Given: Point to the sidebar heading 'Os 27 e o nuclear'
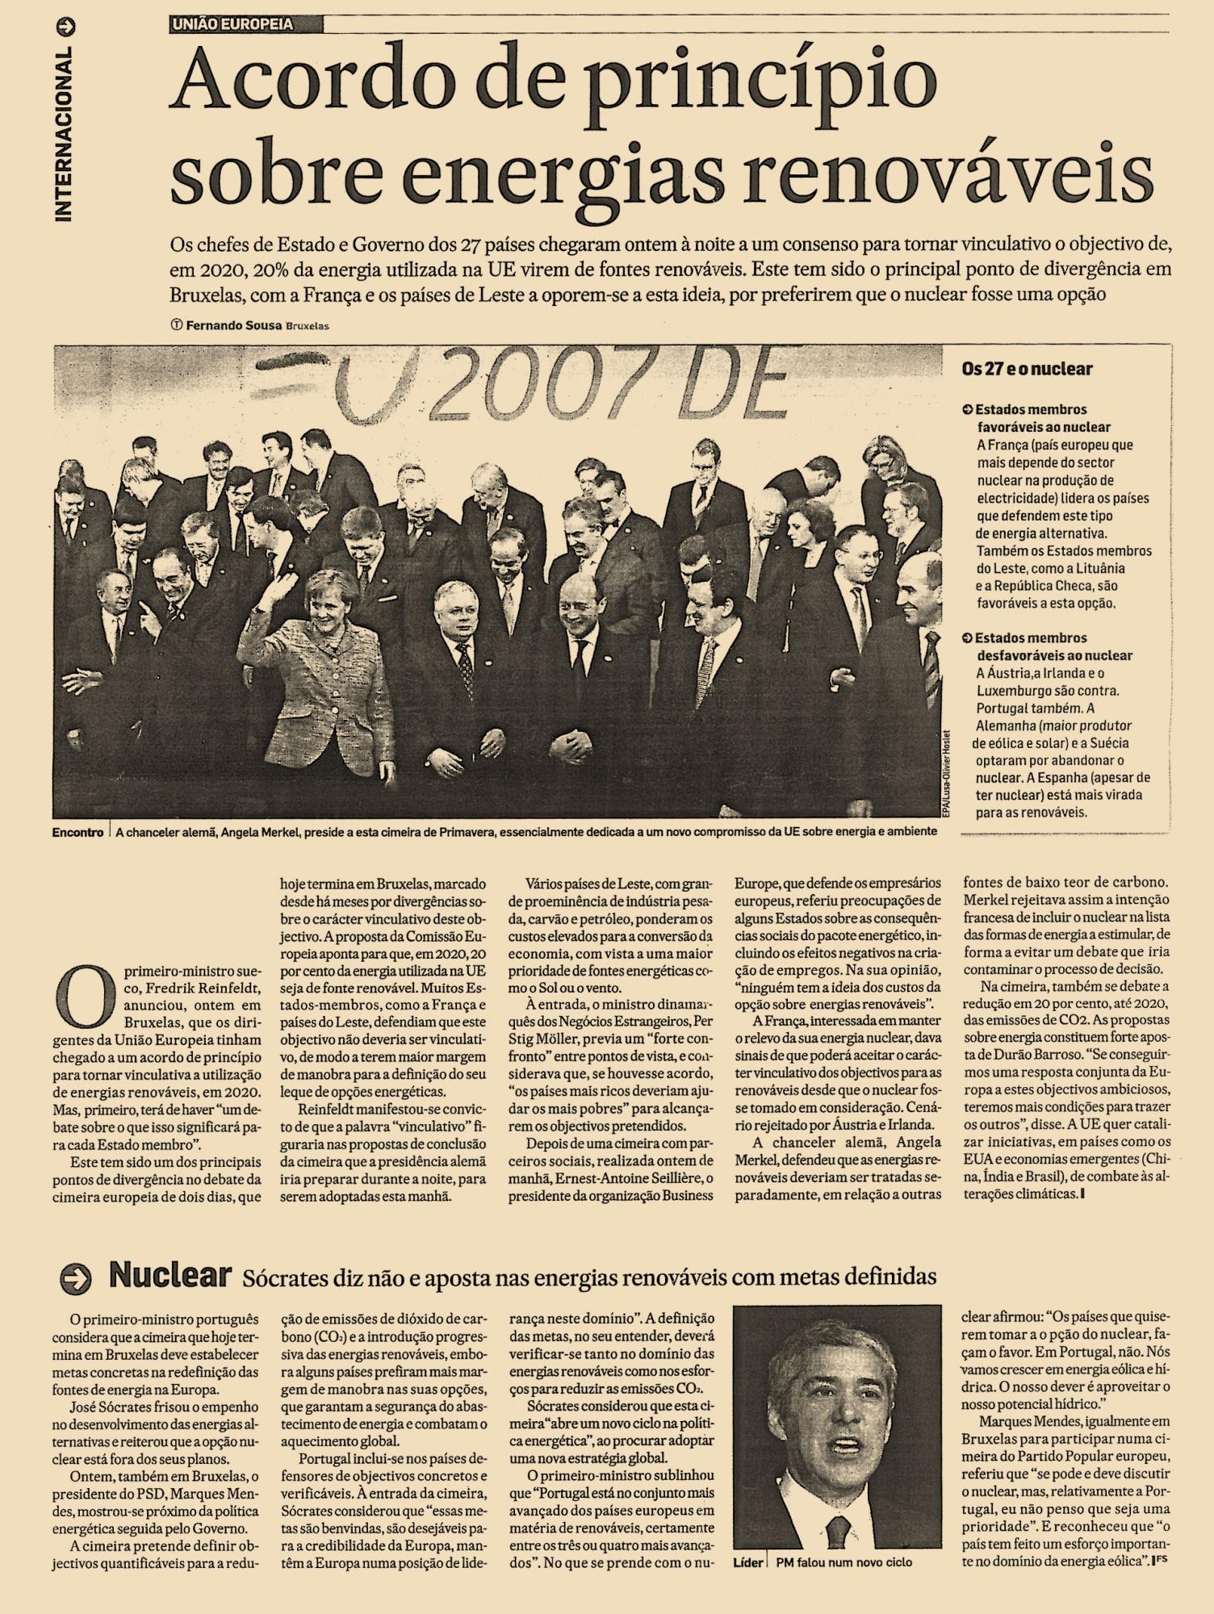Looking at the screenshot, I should tap(1027, 369).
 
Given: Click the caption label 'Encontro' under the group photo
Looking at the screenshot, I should tap(77, 831).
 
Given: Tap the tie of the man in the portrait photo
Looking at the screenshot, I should tap(839, 1529).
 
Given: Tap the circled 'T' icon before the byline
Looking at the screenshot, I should tap(176, 325).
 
